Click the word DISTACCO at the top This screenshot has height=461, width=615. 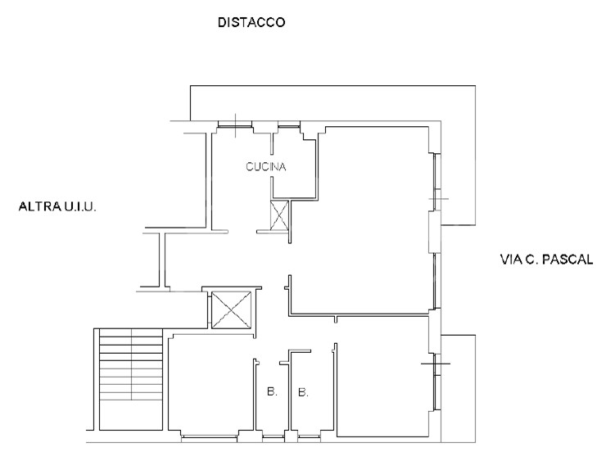(x=251, y=22)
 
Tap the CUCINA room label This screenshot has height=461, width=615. (x=265, y=167)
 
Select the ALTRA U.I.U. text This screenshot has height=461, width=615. (x=57, y=206)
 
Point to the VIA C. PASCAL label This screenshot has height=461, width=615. (x=546, y=260)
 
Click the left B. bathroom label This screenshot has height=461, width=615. (x=272, y=391)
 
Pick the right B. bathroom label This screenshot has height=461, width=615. (x=303, y=392)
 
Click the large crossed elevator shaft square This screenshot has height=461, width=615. (x=232, y=310)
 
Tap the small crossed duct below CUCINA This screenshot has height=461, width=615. (x=279, y=215)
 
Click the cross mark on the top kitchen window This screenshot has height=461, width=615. (x=235, y=125)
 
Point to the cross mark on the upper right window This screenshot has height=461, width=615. (x=437, y=199)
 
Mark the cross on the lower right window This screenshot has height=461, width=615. (x=436, y=364)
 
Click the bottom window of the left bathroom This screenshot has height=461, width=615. (x=274, y=436)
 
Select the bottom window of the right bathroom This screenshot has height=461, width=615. (x=309, y=436)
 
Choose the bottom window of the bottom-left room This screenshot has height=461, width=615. (x=210, y=436)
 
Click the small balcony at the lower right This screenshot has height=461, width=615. (x=458, y=388)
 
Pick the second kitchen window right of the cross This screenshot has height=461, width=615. (x=289, y=126)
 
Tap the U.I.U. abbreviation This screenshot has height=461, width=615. (x=80, y=206)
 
